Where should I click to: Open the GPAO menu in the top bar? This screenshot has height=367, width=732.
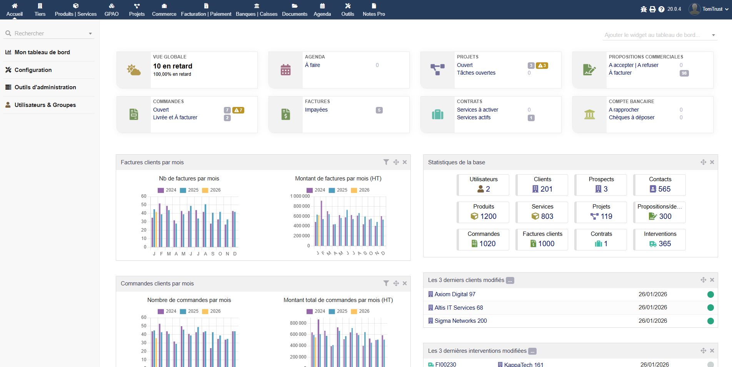click(x=112, y=10)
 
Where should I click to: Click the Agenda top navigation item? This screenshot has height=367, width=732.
click(x=322, y=10)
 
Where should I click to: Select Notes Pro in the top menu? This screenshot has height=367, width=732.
click(x=374, y=10)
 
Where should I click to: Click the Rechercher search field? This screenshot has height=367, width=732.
click(x=48, y=33)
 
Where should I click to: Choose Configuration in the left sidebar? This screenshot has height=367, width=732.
click(x=33, y=70)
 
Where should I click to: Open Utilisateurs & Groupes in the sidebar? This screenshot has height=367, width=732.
click(x=45, y=105)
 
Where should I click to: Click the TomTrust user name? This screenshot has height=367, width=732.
click(x=712, y=9)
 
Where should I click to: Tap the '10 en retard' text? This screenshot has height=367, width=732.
click(x=173, y=66)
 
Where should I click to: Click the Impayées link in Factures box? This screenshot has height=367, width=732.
click(x=316, y=110)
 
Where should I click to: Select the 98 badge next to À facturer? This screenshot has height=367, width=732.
click(x=684, y=73)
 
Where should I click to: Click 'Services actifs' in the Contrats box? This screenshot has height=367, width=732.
click(x=474, y=117)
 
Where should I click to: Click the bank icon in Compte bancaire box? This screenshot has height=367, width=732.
click(x=589, y=114)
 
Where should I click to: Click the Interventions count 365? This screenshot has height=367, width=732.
click(x=664, y=244)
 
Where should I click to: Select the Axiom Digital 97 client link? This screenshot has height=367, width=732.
click(x=455, y=294)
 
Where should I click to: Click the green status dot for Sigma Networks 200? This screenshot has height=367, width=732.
click(x=710, y=321)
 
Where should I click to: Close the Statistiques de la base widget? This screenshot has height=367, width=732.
click(x=712, y=162)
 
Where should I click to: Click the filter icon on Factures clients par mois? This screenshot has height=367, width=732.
click(x=386, y=162)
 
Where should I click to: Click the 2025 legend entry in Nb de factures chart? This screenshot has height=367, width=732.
click(x=189, y=190)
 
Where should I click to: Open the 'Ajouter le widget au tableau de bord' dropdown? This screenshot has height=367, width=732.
click(x=660, y=35)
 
